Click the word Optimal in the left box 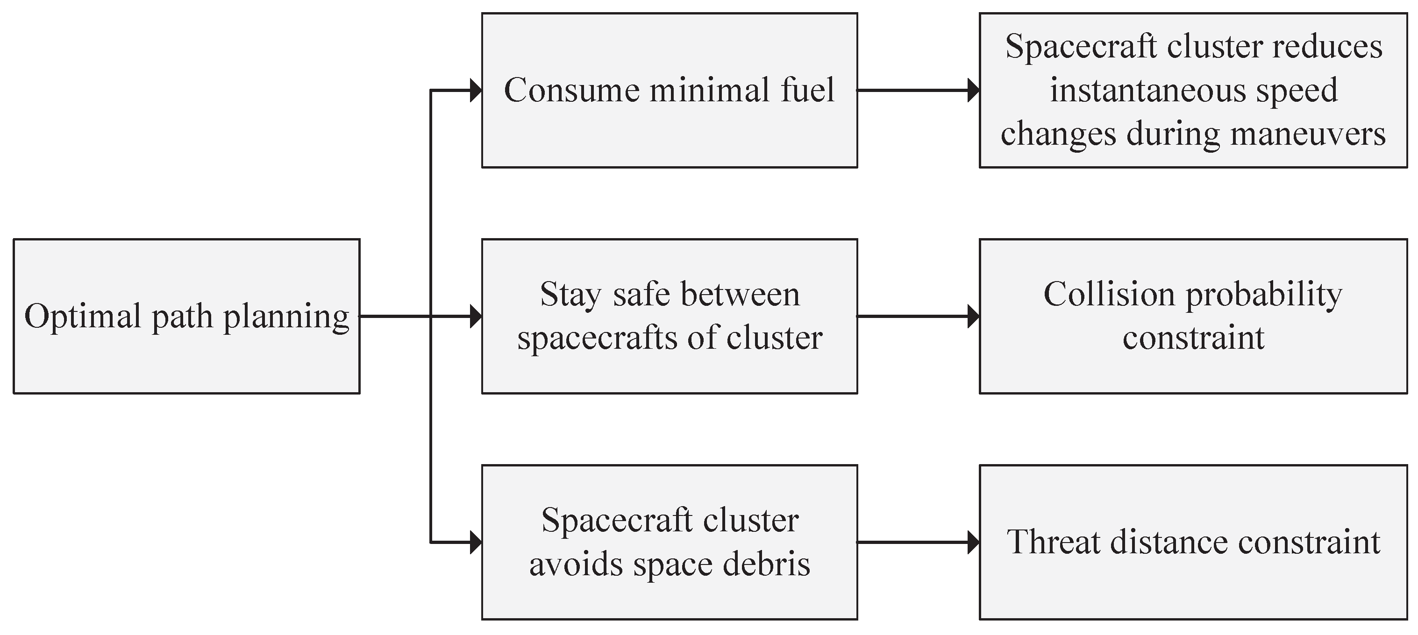[x=83, y=317]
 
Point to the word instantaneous [x=1147, y=90]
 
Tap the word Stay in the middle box [x=570, y=296]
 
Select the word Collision [x=1109, y=295]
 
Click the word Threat [x=1053, y=542]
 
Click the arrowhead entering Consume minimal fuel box [x=476, y=90]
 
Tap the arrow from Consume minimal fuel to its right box [x=914, y=90]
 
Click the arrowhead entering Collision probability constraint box [x=973, y=317]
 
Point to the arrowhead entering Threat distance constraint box [x=973, y=543]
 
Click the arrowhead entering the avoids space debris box [x=476, y=543]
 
